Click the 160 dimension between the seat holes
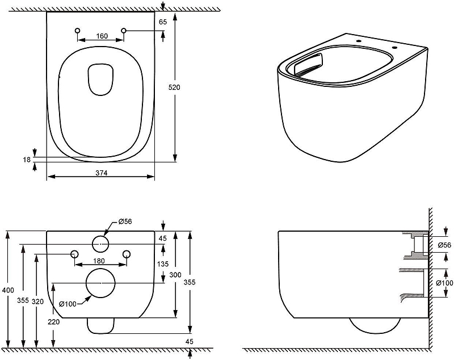tap(102, 36)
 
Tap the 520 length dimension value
tap(174, 87)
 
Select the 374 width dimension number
tap(102, 173)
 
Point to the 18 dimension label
tap(27, 160)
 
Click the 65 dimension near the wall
tap(163, 22)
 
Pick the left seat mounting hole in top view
tap(77, 31)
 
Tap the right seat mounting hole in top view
tap(124, 31)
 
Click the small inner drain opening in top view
tap(100, 79)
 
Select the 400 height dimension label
tap(7, 290)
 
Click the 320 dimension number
tap(37, 302)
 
